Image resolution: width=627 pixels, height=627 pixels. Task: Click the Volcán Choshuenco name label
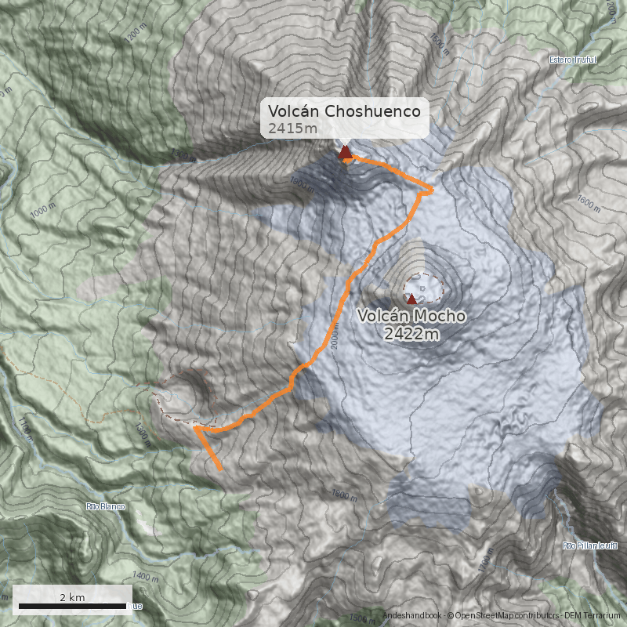click(x=344, y=111)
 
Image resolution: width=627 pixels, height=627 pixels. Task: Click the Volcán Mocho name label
click(x=411, y=317)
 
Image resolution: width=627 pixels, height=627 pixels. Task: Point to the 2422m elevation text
click(x=411, y=335)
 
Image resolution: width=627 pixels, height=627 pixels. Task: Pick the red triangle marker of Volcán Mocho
click(x=411, y=299)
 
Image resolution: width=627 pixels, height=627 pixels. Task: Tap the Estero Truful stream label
click(x=573, y=60)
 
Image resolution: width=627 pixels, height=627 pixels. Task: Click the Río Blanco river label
click(x=105, y=506)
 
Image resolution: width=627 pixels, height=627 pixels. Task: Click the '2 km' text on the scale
click(x=72, y=597)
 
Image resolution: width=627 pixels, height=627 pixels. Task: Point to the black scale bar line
click(x=72, y=606)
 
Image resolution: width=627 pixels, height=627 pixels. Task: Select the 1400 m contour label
click(x=140, y=577)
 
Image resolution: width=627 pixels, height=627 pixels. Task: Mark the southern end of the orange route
click(x=221, y=469)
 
